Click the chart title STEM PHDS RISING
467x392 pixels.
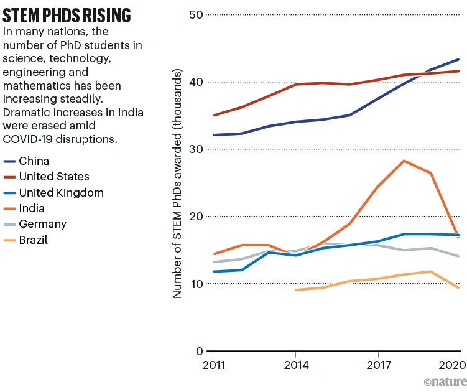(67, 14)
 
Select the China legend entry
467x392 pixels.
(34, 161)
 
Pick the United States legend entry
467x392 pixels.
(54, 177)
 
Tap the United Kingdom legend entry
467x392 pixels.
(62, 193)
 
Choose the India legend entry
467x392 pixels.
(32, 208)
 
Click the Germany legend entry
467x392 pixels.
(43, 224)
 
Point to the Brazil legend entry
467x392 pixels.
(35, 240)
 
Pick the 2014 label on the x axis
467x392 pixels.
(295, 364)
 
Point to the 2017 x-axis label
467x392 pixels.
(377, 364)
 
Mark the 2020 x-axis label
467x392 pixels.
(449, 364)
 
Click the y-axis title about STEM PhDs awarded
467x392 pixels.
(178, 184)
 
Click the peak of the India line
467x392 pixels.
(404, 161)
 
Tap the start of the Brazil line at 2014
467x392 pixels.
(295, 290)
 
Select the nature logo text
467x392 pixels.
(442, 381)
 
